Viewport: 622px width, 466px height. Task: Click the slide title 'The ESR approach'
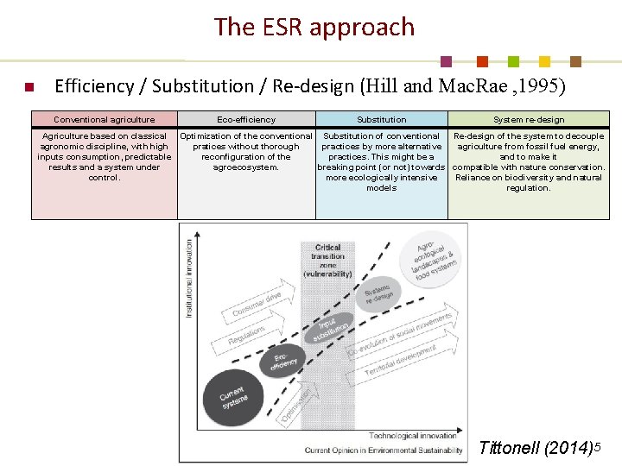(x=314, y=28)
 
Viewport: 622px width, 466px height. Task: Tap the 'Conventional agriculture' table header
(x=105, y=120)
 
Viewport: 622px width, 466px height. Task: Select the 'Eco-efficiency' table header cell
(x=246, y=120)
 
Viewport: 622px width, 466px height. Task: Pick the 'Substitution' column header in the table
(x=381, y=120)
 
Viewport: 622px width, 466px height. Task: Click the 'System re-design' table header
(x=528, y=120)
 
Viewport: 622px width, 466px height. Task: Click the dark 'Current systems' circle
(x=232, y=398)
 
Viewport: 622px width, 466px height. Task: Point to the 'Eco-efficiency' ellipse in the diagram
(x=284, y=362)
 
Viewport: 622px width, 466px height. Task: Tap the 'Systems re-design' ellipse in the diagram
(x=378, y=293)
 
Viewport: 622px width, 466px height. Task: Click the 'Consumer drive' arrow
(x=257, y=305)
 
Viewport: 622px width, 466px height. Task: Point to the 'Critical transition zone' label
(x=327, y=260)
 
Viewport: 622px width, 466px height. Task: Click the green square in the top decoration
(x=513, y=62)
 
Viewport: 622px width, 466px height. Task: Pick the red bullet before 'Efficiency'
(x=29, y=87)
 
